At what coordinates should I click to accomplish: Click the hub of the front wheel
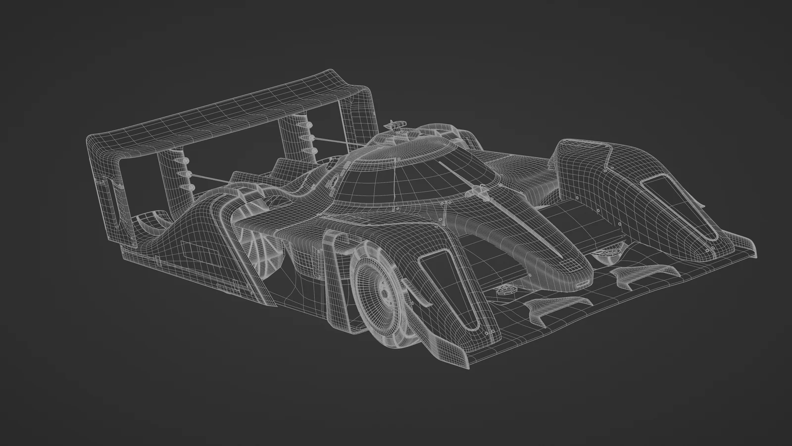(385, 293)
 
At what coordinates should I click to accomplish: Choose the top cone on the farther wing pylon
(305, 128)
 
